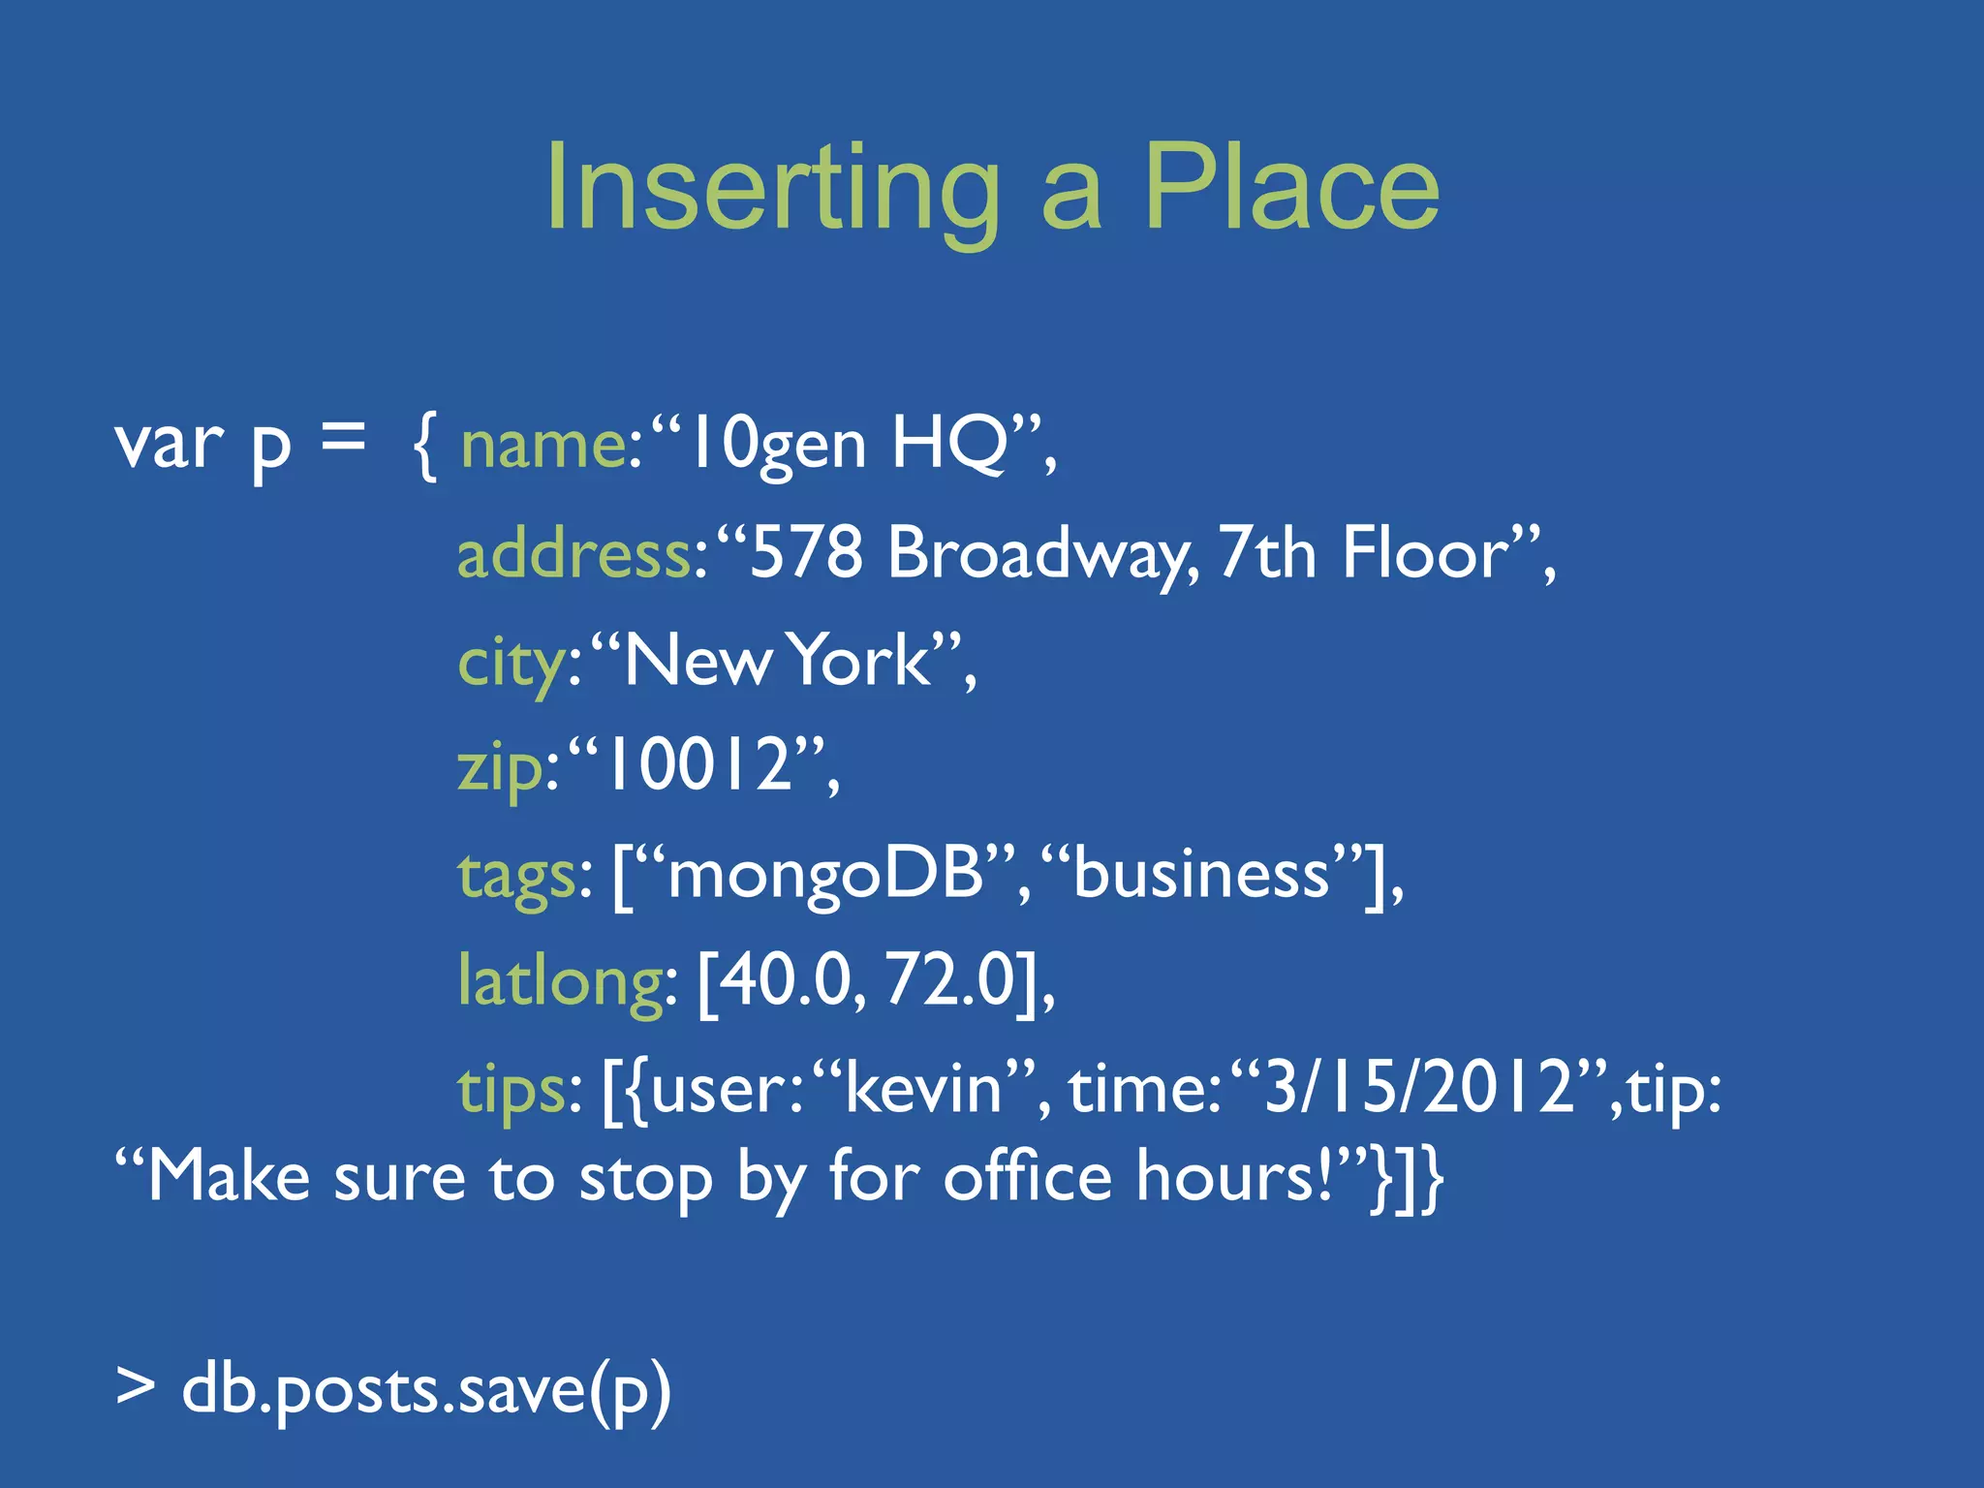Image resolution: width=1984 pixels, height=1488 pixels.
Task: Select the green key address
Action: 573,554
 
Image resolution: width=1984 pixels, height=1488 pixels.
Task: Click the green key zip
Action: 500,767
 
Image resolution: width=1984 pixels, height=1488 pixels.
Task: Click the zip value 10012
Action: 698,765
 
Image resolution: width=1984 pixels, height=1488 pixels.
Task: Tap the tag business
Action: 1201,874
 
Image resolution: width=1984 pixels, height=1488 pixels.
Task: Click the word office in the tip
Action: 1027,1178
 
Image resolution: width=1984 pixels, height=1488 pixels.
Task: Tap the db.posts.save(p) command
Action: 426,1391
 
